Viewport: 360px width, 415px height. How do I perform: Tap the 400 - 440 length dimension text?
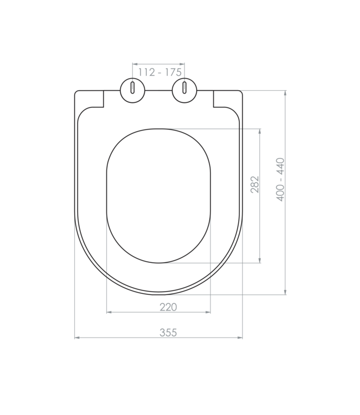tap(281, 179)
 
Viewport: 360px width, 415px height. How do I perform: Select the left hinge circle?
tap(132, 90)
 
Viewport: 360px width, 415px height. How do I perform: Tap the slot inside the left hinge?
tap(132, 89)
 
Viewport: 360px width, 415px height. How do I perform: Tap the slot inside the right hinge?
tap(184, 89)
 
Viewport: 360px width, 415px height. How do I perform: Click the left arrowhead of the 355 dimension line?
tap(77, 337)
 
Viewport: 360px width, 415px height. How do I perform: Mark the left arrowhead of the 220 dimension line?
tap(108, 312)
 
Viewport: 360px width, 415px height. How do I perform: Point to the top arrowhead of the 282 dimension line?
tap(260, 131)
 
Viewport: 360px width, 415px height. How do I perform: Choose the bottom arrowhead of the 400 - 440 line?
tap(285, 292)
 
